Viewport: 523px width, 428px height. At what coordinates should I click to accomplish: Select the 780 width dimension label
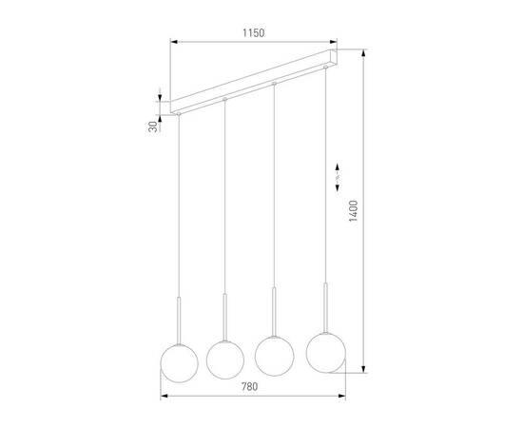(250, 386)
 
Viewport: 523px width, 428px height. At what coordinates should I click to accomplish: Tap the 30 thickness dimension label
(151, 127)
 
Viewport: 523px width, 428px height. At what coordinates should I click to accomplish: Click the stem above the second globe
(225, 313)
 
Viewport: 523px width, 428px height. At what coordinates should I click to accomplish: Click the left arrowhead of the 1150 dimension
(173, 41)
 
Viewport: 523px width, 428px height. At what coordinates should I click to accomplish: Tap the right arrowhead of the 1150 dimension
(336, 41)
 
